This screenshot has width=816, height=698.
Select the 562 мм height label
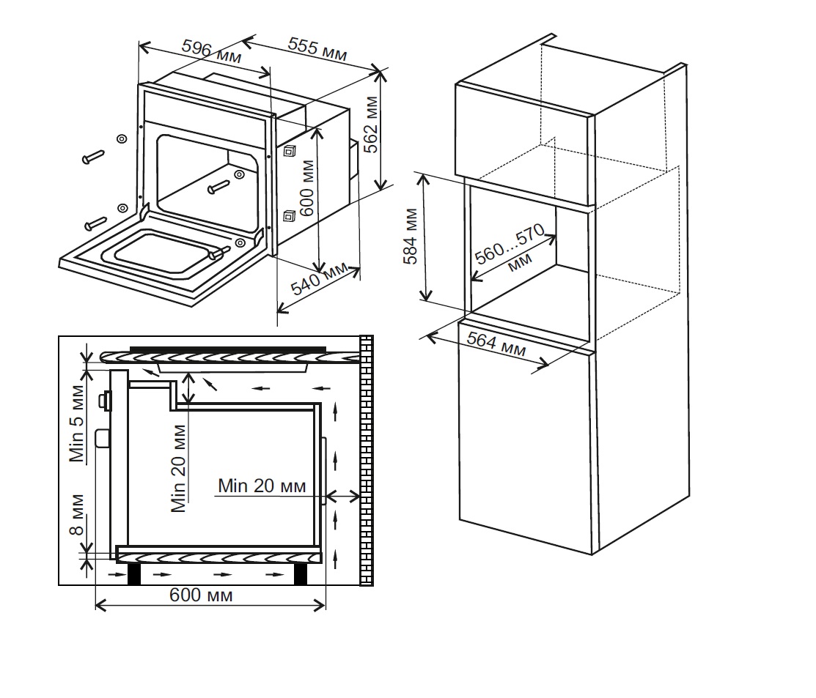coord(372,125)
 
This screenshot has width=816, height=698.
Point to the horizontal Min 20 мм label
coord(262,485)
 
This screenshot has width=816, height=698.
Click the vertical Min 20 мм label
coord(178,469)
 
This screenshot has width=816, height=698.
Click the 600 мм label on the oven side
coord(308,193)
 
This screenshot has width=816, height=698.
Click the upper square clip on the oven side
coord(290,152)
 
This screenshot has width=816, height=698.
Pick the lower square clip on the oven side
coord(289,215)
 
